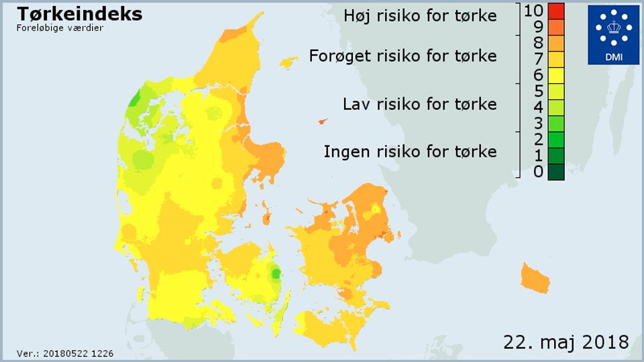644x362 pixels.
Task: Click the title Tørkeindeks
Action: pyautogui.click(x=79, y=13)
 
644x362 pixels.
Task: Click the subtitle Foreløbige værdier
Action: pyautogui.click(x=60, y=28)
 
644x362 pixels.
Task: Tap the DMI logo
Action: pyautogui.click(x=613, y=35)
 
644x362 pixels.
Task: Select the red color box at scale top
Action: pyautogui.click(x=555, y=11)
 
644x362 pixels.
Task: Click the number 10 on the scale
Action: pyautogui.click(x=533, y=10)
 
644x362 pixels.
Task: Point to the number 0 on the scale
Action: pyautogui.click(x=538, y=172)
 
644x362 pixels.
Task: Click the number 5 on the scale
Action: pyautogui.click(x=538, y=90)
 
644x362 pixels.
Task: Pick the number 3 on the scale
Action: pyautogui.click(x=538, y=123)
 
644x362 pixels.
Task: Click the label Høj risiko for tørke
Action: pyautogui.click(x=420, y=15)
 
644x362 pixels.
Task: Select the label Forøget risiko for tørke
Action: pyautogui.click(x=402, y=56)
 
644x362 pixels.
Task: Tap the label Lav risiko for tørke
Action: pyautogui.click(x=419, y=104)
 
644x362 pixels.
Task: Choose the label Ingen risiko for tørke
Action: pyautogui.click(x=410, y=152)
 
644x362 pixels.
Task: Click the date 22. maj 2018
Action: pyautogui.click(x=566, y=341)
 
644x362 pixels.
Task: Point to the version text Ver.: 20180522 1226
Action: pyautogui.click(x=65, y=353)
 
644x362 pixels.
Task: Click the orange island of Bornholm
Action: pyautogui.click(x=535, y=278)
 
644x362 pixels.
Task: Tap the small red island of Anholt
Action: pyautogui.click(x=322, y=121)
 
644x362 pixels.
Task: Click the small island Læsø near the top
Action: pyautogui.click(x=288, y=62)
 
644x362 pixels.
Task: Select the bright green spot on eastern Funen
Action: pyautogui.click(x=275, y=273)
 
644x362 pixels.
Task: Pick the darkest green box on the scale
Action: pyautogui.click(x=555, y=172)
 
